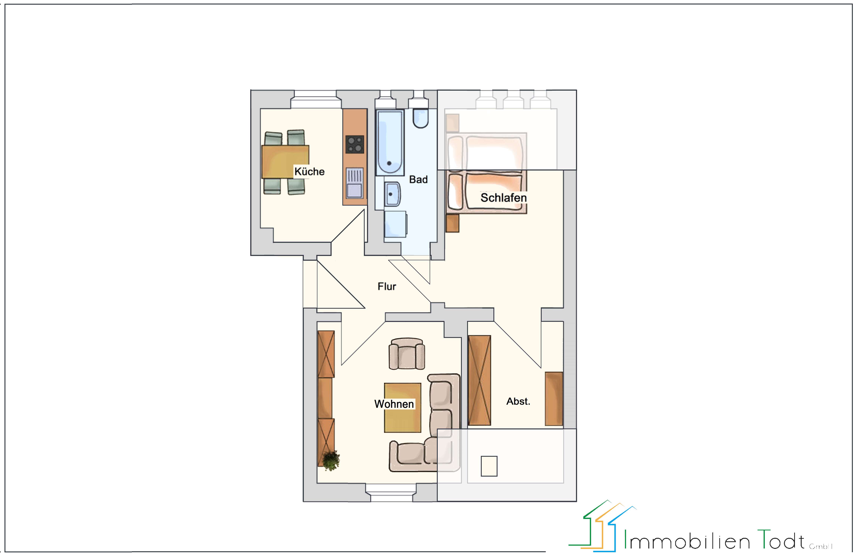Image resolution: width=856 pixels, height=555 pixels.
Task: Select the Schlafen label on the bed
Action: (503, 198)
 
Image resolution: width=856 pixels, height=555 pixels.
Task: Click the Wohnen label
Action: (394, 404)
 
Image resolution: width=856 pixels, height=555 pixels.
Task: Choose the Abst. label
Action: (518, 402)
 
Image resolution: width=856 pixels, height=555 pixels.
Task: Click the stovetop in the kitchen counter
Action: (355, 144)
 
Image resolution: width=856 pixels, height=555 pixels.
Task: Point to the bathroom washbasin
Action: (392, 194)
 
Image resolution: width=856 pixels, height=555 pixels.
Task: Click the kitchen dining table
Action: (285, 162)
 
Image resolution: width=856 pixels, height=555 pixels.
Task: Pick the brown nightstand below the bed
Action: (452, 223)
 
